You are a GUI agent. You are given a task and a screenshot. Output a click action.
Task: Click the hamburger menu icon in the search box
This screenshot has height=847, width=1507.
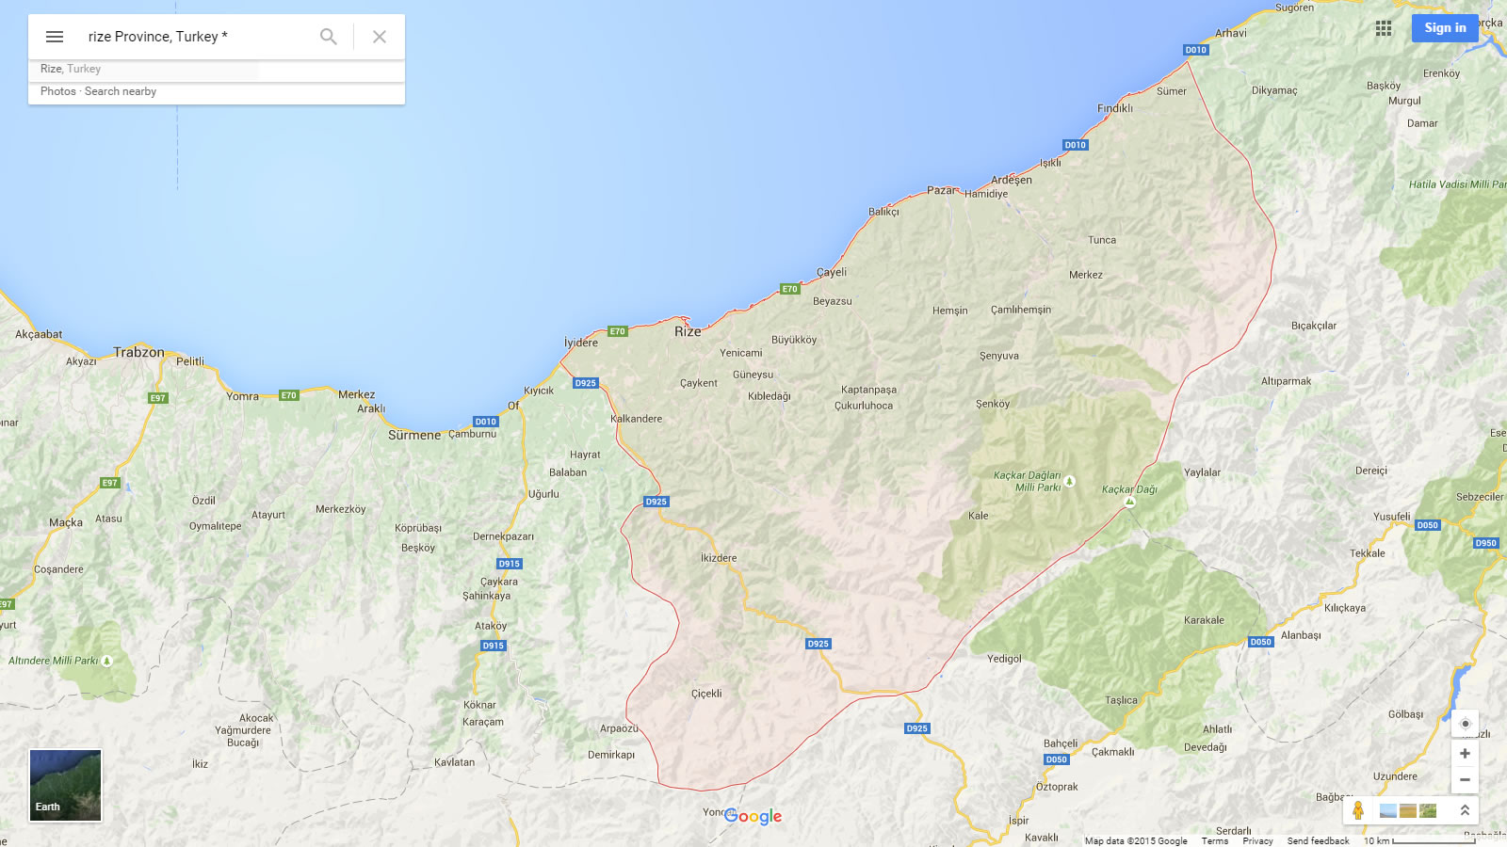coord(55,37)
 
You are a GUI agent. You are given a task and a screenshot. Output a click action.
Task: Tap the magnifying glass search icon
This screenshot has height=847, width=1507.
coord(328,37)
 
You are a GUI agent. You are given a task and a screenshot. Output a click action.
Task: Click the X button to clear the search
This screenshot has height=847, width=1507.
coord(380,37)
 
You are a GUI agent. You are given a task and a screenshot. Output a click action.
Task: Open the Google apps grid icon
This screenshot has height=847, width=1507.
coord(1384,28)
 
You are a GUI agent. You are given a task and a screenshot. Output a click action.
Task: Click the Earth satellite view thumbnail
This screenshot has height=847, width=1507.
coord(65,785)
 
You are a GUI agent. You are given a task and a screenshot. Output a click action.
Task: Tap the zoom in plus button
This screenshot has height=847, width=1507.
coord(1465,753)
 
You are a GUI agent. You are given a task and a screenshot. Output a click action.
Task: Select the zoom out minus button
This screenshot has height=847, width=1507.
coord(1465,779)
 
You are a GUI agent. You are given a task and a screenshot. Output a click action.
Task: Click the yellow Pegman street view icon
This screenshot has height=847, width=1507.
coord(1358,810)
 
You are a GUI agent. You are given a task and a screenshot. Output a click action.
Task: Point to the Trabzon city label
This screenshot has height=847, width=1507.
coord(138,352)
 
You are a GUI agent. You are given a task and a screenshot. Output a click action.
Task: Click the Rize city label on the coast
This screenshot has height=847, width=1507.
coord(688,331)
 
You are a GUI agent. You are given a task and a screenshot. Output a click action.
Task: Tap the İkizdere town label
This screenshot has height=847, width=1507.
coord(719,558)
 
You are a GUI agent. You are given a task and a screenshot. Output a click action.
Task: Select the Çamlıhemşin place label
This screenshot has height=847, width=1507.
coord(1021,310)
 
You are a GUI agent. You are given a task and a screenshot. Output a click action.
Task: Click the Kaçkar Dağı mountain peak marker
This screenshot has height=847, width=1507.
coord(1130,502)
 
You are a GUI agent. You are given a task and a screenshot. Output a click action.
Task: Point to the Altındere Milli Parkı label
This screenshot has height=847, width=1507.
coord(54,661)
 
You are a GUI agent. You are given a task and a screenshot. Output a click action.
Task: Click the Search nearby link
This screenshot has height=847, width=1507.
coord(121,91)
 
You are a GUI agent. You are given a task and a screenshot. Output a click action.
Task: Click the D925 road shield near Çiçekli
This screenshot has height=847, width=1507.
coord(818,644)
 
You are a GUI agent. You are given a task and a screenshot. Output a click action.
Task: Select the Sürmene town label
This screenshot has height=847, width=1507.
coord(414,435)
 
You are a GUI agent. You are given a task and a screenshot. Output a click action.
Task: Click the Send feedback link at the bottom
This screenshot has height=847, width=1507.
coord(1318,840)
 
